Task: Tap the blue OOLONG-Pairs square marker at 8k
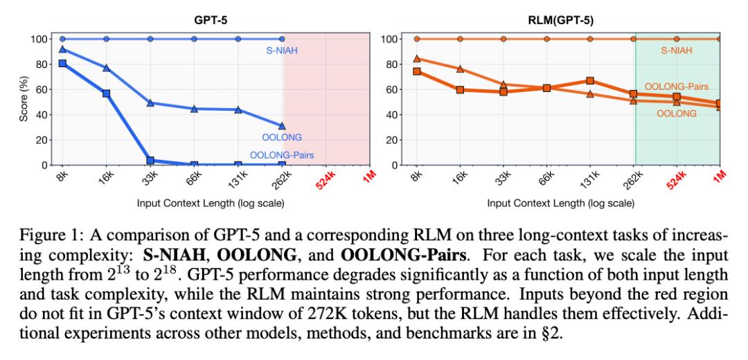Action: [x=62, y=63]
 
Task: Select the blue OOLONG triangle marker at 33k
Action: [x=150, y=103]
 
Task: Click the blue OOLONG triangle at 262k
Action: [x=281, y=126]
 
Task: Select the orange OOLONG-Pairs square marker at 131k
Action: [x=590, y=81]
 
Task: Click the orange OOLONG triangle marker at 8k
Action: [x=416, y=59]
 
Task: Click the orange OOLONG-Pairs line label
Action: [x=677, y=87]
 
